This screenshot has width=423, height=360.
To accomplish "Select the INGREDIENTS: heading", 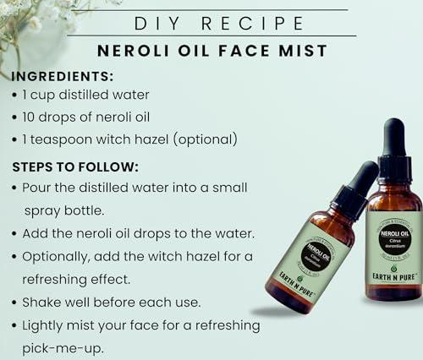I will tap(64, 76).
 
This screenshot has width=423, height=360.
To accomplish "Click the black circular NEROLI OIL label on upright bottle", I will tap(394, 237).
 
